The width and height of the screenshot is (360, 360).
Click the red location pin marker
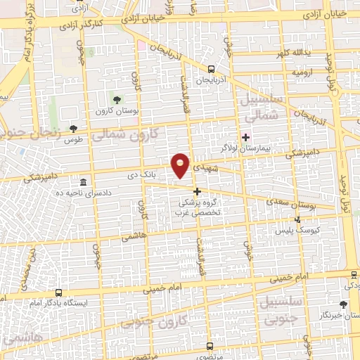point(181,165)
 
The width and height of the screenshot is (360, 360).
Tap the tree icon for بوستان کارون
point(117,98)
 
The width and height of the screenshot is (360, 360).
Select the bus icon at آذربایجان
point(212,68)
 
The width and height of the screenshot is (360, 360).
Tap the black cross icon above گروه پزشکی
point(197,191)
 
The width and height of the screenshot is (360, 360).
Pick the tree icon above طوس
point(74,128)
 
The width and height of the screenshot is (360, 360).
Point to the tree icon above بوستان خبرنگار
point(342,304)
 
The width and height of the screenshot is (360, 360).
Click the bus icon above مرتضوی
point(210,346)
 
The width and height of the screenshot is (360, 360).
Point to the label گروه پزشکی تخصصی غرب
point(198,210)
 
